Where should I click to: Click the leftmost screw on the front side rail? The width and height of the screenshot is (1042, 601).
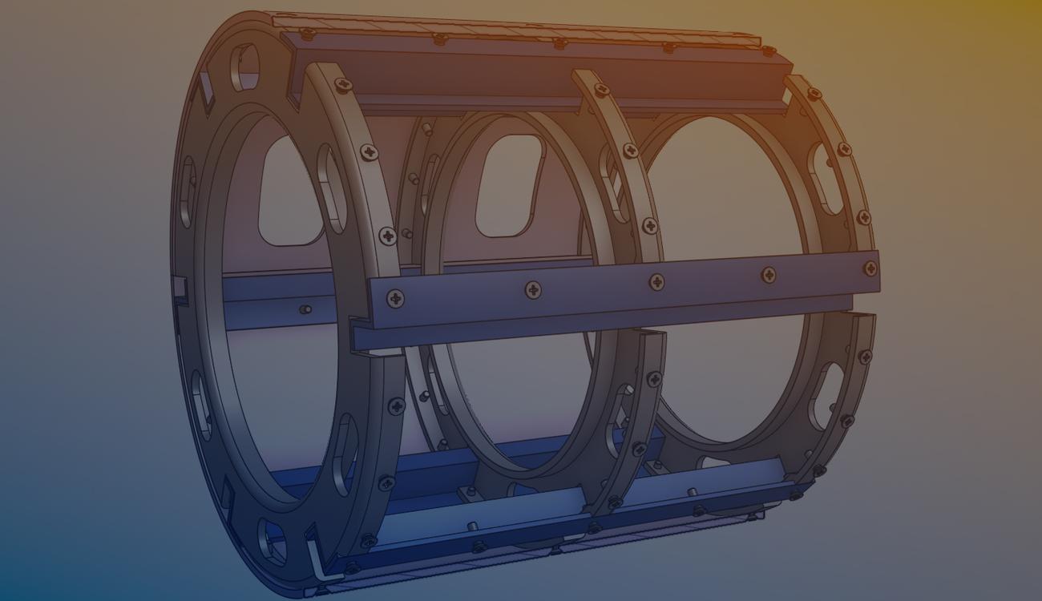(395, 299)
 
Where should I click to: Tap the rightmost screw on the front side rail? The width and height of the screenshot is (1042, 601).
(870, 269)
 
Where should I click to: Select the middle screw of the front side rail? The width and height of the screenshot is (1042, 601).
(656, 281)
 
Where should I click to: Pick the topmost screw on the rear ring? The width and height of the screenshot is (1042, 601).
(814, 95)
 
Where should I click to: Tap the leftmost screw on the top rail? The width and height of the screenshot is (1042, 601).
(307, 34)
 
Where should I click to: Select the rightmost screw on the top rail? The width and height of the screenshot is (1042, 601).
(768, 50)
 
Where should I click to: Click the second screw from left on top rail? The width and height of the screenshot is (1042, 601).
(439, 38)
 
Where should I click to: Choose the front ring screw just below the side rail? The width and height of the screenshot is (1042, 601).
(396, 406)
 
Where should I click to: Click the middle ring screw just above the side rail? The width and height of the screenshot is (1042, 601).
(649, 226)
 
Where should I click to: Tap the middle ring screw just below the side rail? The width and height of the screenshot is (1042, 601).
(654, 378)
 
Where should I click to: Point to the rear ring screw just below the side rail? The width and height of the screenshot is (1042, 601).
(865, 357)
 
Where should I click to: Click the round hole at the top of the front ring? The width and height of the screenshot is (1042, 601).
(244, 67)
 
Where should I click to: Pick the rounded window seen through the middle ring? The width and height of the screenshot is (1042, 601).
(508, 184)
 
